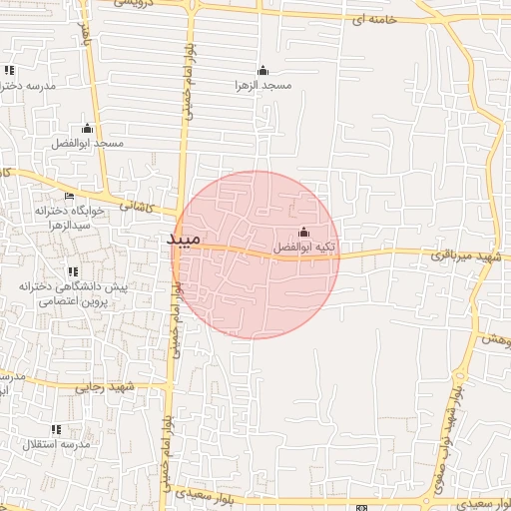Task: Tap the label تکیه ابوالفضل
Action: point(304,247)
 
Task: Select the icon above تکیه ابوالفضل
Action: point(304,233)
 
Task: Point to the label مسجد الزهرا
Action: point(262,86)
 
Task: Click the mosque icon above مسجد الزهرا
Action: point(262,71)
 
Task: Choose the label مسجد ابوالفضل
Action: point(88,144)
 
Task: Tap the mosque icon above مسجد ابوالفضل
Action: point(87,129)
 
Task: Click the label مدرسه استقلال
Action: point(57,443)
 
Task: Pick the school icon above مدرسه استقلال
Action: point(56,429)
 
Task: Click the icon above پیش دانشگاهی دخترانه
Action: point(72,271)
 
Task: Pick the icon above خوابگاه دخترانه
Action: point(69,196)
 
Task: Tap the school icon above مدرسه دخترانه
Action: point(9,71)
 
